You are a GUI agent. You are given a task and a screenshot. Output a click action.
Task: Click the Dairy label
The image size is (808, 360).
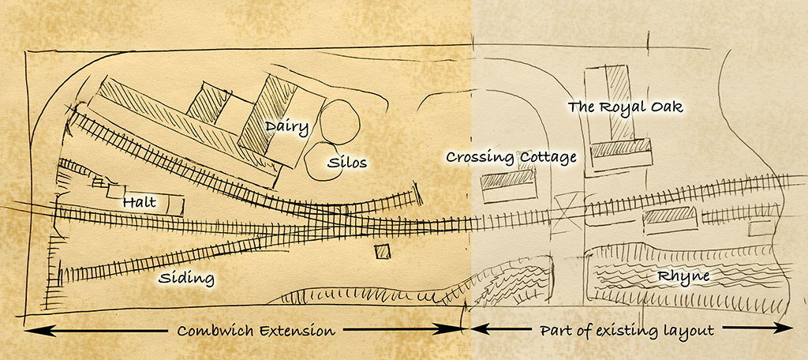(x=286, y=126)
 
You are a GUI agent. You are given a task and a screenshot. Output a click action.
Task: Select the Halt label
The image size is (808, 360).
(x=139, y=203)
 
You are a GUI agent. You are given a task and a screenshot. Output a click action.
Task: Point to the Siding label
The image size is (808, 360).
(x=186, y=278)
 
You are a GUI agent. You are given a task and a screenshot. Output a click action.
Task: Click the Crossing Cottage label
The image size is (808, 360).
(x=511, y=157)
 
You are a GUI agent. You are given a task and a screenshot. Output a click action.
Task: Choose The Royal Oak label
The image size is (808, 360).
(x=625, y=107)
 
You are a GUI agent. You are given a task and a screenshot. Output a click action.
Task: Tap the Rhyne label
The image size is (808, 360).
(x=684, y=276)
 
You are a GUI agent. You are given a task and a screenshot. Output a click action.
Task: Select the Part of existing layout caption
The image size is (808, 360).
(x=627, y=330)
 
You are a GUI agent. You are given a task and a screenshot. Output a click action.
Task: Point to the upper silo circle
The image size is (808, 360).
(x=339, y=118)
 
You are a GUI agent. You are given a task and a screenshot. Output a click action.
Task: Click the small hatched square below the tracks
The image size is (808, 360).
(x=382, y=252)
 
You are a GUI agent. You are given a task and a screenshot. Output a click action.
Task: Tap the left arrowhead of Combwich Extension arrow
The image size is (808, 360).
(x=32, y=328)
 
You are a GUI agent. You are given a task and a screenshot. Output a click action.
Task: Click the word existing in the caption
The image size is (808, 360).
(x=628, y=330)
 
